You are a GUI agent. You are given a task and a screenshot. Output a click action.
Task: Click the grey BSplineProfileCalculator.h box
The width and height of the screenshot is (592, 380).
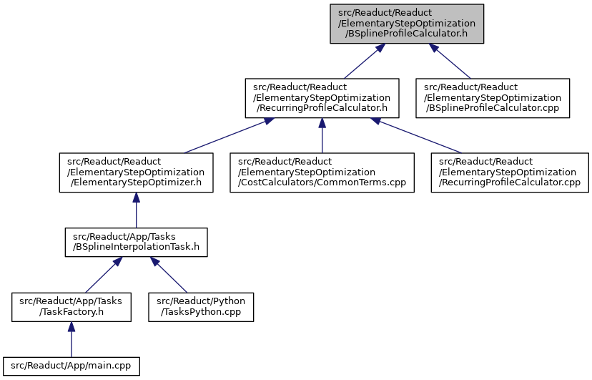click(x=407, y=24)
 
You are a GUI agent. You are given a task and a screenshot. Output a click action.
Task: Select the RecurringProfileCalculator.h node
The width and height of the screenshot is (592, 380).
click(x=322, y=98)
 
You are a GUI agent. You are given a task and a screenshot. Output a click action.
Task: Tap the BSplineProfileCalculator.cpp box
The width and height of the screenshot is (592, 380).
click(x=493, y=98)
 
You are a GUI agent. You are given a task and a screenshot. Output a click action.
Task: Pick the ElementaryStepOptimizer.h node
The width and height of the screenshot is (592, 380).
click(x=137, y=172)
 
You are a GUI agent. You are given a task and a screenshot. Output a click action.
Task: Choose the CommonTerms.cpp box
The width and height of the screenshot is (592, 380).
click(x=322, y=172)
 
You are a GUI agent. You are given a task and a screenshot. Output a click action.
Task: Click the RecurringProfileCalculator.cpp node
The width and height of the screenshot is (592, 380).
click(x=510, y=172)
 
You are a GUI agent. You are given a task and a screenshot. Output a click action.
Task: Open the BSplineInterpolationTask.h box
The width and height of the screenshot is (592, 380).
click(x=137, y=242)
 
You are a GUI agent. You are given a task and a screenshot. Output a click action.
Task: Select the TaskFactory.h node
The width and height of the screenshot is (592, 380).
click(x=71, y=307)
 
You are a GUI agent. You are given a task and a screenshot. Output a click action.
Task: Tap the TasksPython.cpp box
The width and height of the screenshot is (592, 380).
click(x=201, y=307)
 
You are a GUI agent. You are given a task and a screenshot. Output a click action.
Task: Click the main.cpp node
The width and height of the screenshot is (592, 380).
click(x=71, y=366)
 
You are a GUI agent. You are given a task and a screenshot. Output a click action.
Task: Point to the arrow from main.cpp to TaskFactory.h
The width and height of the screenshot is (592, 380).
click(x=71, y=340)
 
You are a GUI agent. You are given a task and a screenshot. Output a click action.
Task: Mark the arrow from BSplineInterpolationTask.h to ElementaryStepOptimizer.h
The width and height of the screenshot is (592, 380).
click(x=137, y=210)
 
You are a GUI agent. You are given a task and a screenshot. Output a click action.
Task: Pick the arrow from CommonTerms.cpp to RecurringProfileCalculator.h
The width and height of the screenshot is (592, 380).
click(x=322, y=135)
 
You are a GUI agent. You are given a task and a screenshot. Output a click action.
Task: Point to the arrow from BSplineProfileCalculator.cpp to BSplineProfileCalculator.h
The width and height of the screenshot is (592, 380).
click(x=450, y=62)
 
